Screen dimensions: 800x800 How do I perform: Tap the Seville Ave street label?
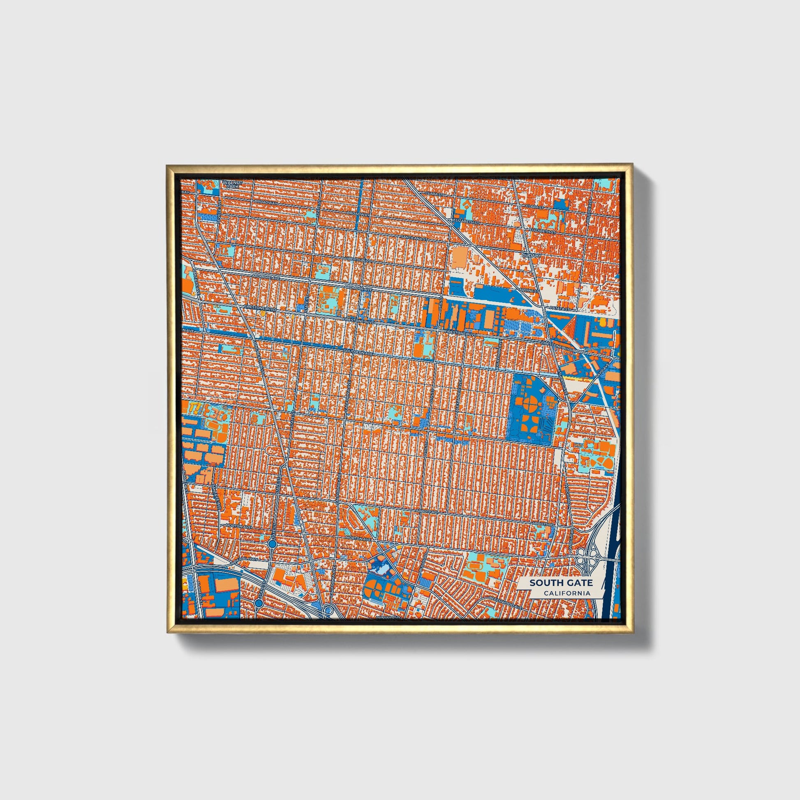coord(218,212)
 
